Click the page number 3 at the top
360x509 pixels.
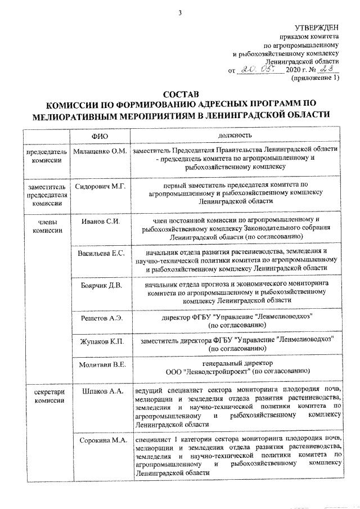[179, 6]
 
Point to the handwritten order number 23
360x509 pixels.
[325, 70]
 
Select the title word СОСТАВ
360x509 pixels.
[179, 94]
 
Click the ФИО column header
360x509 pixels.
[99, 137]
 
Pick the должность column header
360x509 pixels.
[235, 136]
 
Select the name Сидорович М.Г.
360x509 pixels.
[100, 185]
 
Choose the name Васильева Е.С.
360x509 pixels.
[100, 254]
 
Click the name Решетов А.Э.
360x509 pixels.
[100, 318]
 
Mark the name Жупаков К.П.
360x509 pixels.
[100, 341]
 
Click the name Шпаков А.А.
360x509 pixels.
[100, 390]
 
